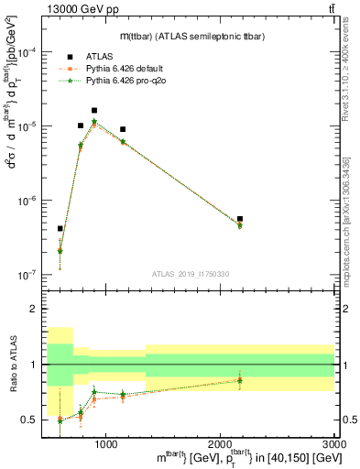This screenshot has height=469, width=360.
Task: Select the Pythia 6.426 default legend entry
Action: [127, 69]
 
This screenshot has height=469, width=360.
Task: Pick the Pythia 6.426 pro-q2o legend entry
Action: [127, 81]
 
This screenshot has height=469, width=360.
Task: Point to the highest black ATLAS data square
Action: [94, 110]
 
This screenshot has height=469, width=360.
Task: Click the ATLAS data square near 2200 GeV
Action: [240, 219]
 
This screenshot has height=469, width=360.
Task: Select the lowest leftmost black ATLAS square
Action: [60, 228]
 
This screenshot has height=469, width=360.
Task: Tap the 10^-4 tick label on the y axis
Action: [27, 52]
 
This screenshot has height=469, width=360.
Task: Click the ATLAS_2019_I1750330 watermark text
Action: [190, 272]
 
